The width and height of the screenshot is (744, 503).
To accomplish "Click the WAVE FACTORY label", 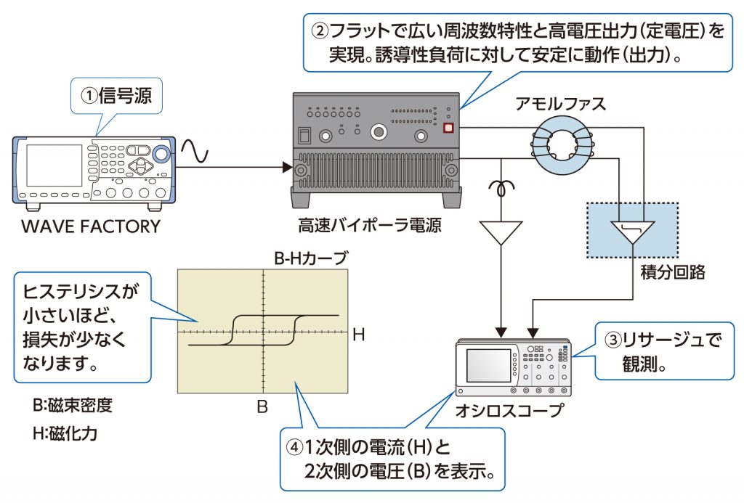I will pyautogui.click(x=90, y=226).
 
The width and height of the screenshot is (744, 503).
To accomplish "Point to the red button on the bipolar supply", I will pyautogui.click(x=448, y=128).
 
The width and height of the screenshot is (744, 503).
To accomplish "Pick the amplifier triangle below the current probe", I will pyautogui.click(x=501, y=233).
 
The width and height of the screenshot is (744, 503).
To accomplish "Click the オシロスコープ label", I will pyautogui.click(x=509, y=411).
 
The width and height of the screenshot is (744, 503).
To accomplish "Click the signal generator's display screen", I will pyautogui.click(x=54, y=165).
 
